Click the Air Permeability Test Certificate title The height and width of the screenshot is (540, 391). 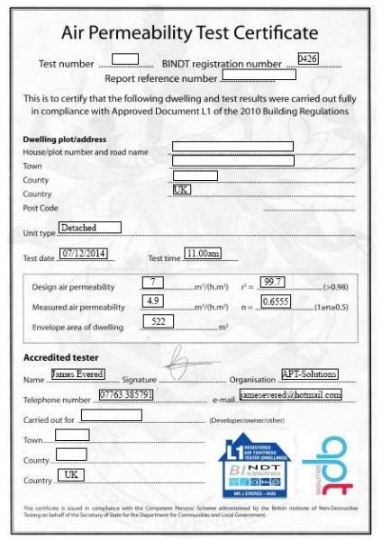coord(195,33)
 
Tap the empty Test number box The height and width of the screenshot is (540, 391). coord(125,59)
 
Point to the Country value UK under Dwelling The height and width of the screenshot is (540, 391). coord(181,190)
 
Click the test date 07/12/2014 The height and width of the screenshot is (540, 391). coord(84,254)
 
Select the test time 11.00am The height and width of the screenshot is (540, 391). coord(202,254)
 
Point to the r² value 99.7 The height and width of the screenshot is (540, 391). coord(272,283)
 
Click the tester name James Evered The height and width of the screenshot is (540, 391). coord(77,373)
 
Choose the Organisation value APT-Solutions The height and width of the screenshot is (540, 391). coord(309,373)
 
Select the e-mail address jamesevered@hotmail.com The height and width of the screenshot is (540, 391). coord(291,394)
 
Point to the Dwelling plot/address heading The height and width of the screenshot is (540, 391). coord(64,139)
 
